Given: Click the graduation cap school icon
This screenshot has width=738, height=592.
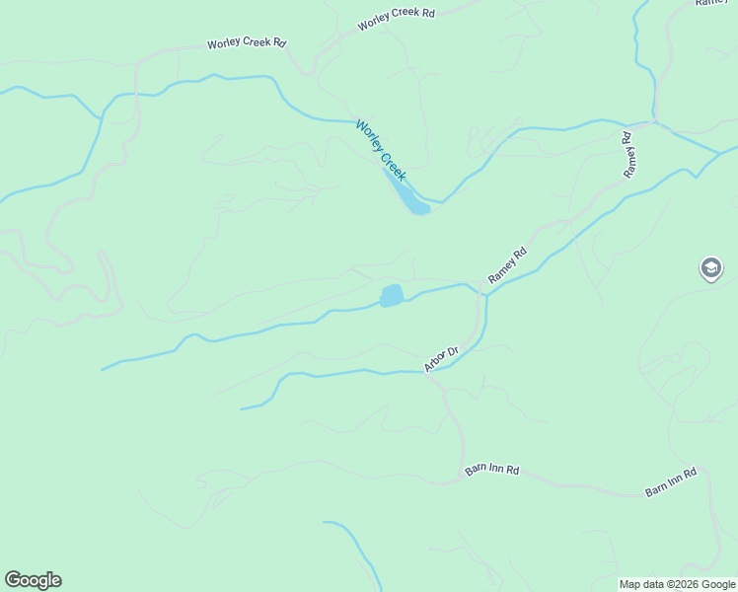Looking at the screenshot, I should pos(710,267).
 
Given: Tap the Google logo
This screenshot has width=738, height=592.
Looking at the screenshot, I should pos(33,580).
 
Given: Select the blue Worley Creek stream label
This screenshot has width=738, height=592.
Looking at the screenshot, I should pos(381,150).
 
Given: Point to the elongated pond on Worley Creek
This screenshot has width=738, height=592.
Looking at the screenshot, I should pos(406,191).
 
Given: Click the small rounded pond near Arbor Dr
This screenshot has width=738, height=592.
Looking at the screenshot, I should pos(392,295).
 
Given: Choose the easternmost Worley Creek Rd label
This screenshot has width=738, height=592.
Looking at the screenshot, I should pos(396,19).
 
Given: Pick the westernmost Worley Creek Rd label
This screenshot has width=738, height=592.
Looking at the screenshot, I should pos(246,43).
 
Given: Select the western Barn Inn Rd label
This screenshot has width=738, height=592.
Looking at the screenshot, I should pos(491,470).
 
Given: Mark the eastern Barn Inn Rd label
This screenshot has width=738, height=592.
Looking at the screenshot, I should pos(671,481).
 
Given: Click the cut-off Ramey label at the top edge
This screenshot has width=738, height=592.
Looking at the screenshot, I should pos(713,3).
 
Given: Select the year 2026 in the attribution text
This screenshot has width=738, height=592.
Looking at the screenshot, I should pos(677,584).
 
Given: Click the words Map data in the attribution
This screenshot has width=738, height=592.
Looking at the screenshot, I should pos(640,584).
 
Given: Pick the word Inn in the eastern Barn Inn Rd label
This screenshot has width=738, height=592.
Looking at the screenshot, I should pos(673,481).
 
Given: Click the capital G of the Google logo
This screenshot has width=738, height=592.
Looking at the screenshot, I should pos(13,580).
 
